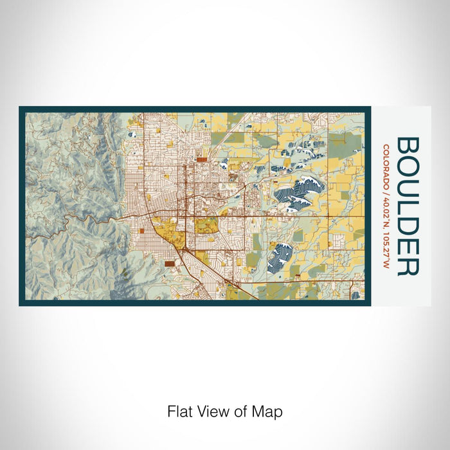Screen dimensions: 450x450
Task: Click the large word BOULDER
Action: coord(408,206)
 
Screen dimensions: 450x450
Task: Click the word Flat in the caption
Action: coord(179,411)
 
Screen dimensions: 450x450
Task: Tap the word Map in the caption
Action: coord(270,411)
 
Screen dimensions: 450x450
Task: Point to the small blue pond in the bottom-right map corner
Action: coord(355,295)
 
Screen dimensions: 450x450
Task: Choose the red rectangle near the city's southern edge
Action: coord(169,262)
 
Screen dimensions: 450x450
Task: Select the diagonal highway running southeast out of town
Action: coord(219,273)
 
